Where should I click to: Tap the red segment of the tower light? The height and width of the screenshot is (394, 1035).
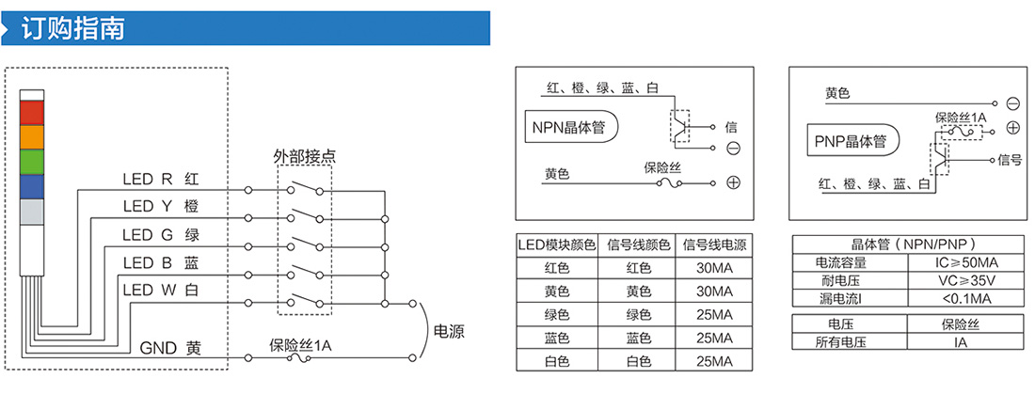point(31,112)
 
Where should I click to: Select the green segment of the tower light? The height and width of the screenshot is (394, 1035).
point(31,162)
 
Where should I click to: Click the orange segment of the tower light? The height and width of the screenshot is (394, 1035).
point(31,137)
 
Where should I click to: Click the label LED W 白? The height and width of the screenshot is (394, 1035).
point(161,290)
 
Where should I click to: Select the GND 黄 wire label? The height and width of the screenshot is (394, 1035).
point(170,348)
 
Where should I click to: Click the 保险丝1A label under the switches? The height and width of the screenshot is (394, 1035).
point(300,345)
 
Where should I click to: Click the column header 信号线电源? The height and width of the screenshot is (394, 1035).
point(714,245)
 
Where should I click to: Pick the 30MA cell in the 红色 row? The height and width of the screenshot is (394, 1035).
point(714,268)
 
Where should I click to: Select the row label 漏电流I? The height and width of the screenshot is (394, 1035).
point(848,299)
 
